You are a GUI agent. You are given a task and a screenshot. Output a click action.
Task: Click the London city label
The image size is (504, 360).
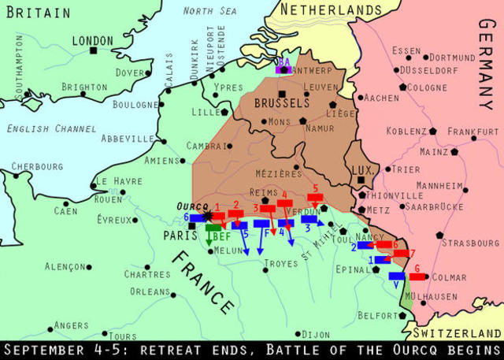coord(92,40)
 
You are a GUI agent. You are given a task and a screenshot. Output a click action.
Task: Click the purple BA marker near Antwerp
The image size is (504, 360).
coord(280,67)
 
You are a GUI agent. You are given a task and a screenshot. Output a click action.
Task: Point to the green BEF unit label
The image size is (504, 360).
coord(220,236)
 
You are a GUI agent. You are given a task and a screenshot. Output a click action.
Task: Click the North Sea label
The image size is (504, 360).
coord(209,10)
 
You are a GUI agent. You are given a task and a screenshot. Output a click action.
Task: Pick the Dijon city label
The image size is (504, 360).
coord(317,335)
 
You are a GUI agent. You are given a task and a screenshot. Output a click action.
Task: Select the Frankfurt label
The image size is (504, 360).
coord(473,132)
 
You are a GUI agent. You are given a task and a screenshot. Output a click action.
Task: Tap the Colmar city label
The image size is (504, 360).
coord(449,277)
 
